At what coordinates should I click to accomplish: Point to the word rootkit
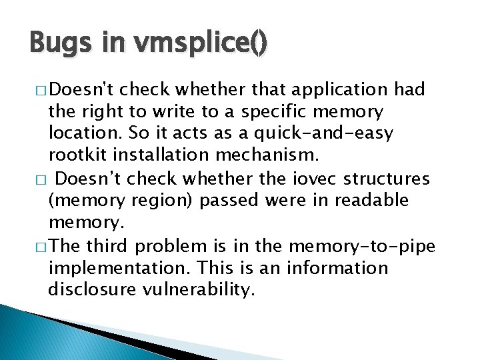(75, 155)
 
